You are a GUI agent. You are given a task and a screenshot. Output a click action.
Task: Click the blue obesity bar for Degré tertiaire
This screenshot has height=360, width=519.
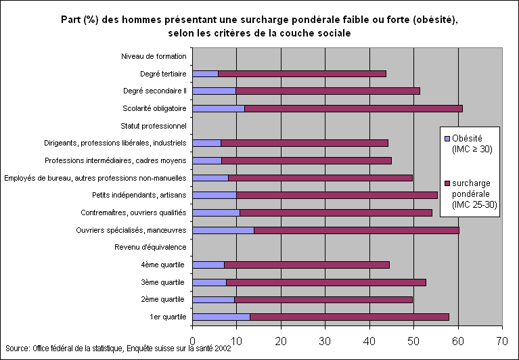[206, 73]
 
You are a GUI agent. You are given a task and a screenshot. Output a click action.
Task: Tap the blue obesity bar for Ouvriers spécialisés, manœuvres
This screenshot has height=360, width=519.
[223, 230]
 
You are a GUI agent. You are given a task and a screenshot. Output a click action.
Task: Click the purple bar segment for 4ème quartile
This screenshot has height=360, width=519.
[307, 265]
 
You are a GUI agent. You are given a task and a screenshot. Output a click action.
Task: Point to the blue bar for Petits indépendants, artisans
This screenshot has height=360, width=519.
[215, 195]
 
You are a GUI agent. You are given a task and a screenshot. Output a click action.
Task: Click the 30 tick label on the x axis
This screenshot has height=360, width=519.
[325, 340]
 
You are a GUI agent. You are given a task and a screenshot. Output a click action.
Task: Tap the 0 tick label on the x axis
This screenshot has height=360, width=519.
[193, 340]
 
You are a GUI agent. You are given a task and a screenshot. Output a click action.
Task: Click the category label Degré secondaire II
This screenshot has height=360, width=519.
[154, 91]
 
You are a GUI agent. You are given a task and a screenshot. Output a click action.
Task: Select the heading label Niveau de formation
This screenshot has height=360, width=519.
[154, 56]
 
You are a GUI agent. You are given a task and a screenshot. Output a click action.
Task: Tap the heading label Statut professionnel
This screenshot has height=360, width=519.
[153, 126]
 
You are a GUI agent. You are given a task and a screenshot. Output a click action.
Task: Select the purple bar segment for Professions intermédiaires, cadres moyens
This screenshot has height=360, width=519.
[306, 160]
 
